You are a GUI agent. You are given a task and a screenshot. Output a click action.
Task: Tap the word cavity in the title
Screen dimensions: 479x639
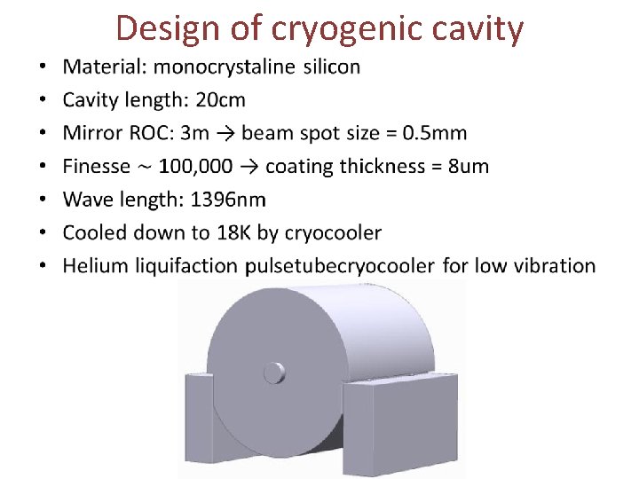tap(480, 28)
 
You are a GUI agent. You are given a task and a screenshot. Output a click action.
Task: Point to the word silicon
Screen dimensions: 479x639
tap(332, 67)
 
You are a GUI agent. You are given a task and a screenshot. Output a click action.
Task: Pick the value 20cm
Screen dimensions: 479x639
tap(220, 99)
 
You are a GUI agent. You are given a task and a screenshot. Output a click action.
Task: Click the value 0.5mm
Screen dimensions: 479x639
tap(434, 133)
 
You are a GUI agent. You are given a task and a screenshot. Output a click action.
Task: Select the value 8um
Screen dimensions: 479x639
tap(469, 166)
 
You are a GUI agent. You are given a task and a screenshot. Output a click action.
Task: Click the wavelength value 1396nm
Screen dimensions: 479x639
tap(226, 200)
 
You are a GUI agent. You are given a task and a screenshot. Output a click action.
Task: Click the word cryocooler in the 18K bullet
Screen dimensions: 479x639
tap(330, 232)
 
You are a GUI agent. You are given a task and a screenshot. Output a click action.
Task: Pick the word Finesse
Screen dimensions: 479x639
tap(96, 166)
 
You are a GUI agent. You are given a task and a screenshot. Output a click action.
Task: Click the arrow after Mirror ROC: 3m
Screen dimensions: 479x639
tap(225, 133)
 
